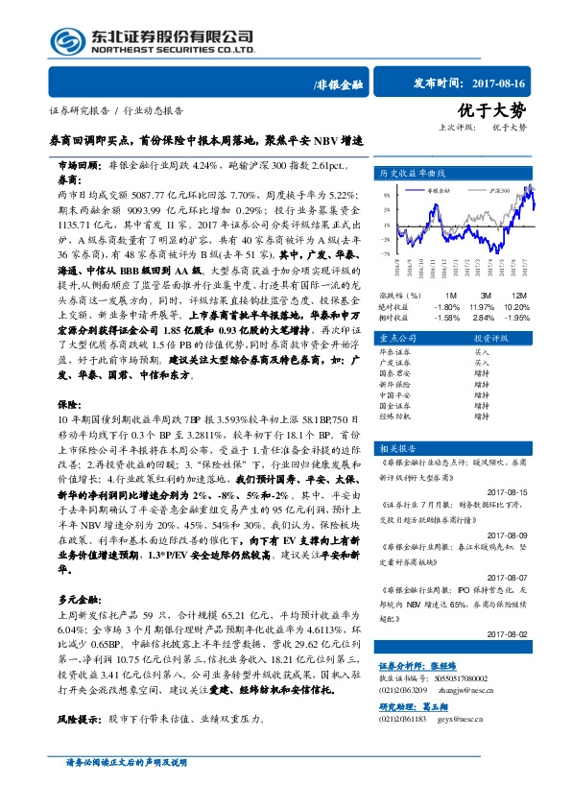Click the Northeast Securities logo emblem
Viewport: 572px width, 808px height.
66,42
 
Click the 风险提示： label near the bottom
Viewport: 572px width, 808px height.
78,718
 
